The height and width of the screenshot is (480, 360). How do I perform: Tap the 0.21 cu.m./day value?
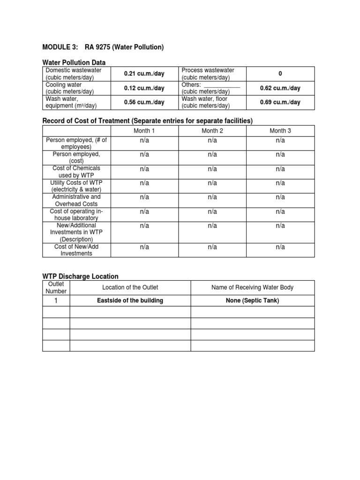pyautogui.click(x=144, y=74)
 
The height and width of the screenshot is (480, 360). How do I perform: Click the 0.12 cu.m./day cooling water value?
pyautogui.click(x=144, y=88)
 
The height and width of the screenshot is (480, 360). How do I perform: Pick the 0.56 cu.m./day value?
pyautogui.click(x=144, y=102)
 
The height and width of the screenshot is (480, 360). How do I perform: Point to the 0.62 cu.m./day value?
pyautogui.click(x=280, y=88)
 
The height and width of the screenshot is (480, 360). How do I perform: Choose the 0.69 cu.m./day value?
pyautogui.click(x=280, y=102)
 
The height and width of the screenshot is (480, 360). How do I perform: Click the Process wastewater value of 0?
pyautogui.click(x=280, y=74)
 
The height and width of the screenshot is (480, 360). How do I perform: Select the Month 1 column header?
pyautogui.click(x=144, y=131)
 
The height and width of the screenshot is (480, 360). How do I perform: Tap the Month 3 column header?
pyautogui.click(x=280, y=131)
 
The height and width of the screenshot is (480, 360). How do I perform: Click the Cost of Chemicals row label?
pyautogui.click(x=76, y=172)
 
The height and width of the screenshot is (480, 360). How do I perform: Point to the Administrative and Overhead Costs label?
pyautogui.click(x=76, y=200)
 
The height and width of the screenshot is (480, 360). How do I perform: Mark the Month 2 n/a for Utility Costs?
pyautogui.click(x=212, y=183)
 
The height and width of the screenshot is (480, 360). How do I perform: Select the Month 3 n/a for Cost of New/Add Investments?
pyautogui.click(x=280, y=247)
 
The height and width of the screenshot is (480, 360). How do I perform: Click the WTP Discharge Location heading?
pyautogui.click(x=80, y=276)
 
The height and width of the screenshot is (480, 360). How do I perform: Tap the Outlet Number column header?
pyautogui.click(x=56, y=288)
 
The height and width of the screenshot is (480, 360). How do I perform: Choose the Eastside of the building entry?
pyautogui.click(x=130, y=300)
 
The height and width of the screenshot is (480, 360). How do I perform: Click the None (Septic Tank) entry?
pyautogui.click(x=252, y=300)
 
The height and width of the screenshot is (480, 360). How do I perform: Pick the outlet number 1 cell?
pyautogui.click(x=56, y=300)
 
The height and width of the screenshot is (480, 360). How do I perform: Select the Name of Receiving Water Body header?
pyautogui.click(x=252, y=287)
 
